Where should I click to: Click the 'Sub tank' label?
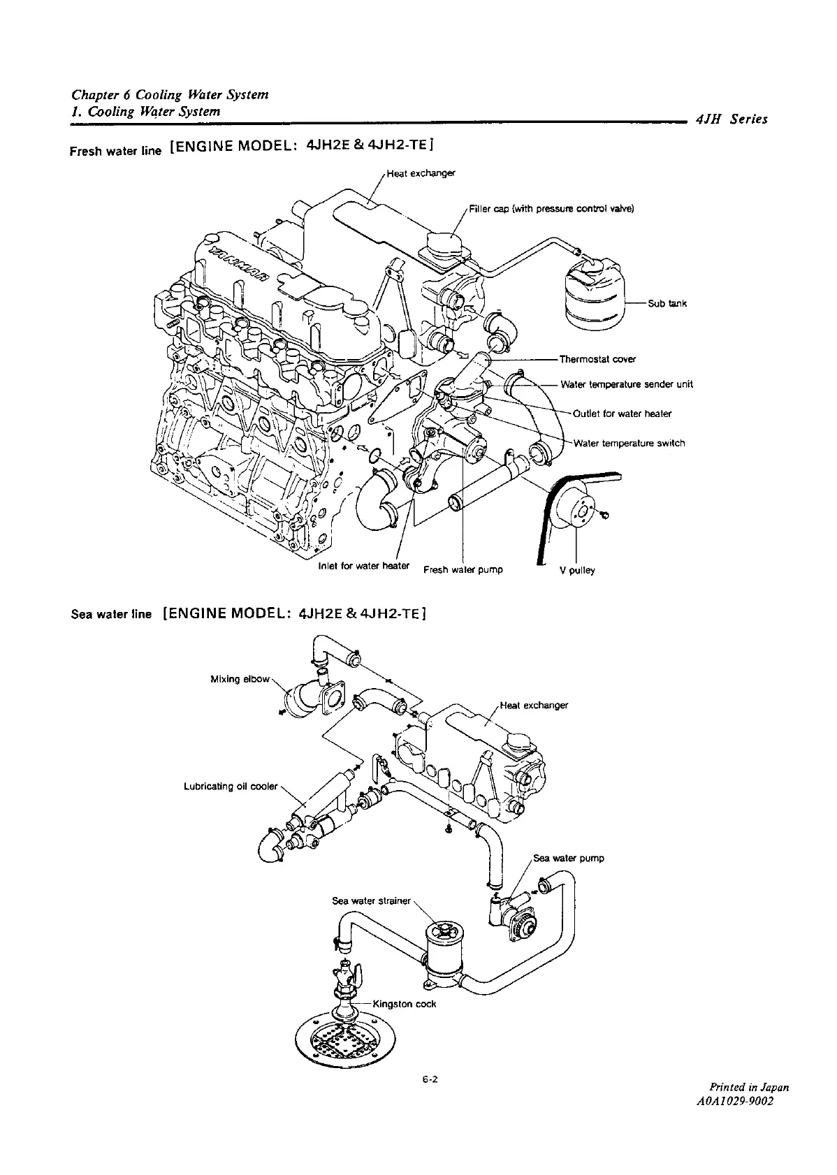(x=667, y=303)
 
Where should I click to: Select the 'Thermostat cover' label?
(x=597, y=360)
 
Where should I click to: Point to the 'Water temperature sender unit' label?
(x=627, y=384)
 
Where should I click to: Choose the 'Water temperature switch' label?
(x=629, y=443)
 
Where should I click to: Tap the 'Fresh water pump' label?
(x=463, y=569)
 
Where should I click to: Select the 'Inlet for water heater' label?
(x=363, y=565)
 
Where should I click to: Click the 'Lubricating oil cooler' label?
(x=231, y=787)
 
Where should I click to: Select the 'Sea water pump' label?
(x=568, y=859)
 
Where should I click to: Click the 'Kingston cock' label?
(x=405, y=1004)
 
